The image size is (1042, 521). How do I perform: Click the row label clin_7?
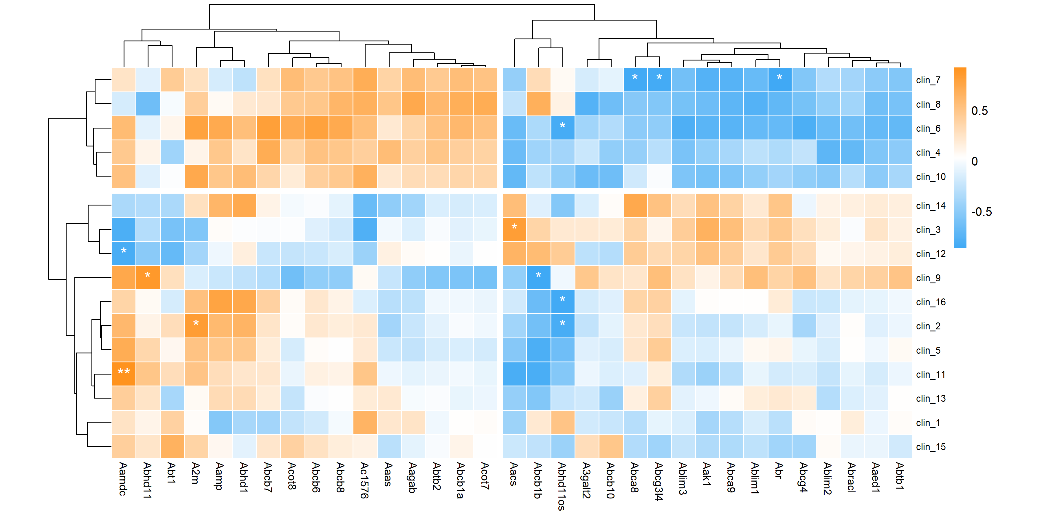click(928, 80)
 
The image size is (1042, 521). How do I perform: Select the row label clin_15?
click(930, 447)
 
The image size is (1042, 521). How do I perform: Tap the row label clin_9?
click(928, 278)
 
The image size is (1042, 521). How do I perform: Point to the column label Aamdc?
click(123, 479)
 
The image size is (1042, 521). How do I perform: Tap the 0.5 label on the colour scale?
click(979, 111)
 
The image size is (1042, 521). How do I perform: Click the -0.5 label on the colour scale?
click(981, 212)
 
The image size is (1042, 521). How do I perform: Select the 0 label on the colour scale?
click(975, 162)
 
